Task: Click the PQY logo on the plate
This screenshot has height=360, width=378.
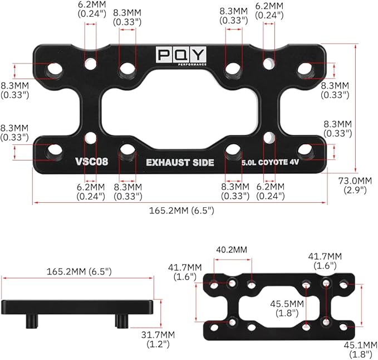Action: click(181, 55)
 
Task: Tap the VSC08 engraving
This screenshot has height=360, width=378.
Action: click(91, 163)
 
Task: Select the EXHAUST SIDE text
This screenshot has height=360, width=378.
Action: click(180, 163)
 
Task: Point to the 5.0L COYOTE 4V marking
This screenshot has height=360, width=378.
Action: click(271, 163)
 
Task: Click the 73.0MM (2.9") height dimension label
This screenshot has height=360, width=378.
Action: click(357, 184)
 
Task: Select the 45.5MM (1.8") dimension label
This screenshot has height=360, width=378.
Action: click(287, 308)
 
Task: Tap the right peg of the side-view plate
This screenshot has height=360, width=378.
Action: click(121, 321)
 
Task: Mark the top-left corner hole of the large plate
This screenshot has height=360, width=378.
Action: click(55, 70)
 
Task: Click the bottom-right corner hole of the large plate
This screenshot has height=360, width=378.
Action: click(305, 149)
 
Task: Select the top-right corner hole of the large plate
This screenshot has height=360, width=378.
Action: click(305, 70)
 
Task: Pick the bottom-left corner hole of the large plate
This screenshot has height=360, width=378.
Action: click(55, 149)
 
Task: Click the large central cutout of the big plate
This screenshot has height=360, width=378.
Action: click(179, 110)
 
